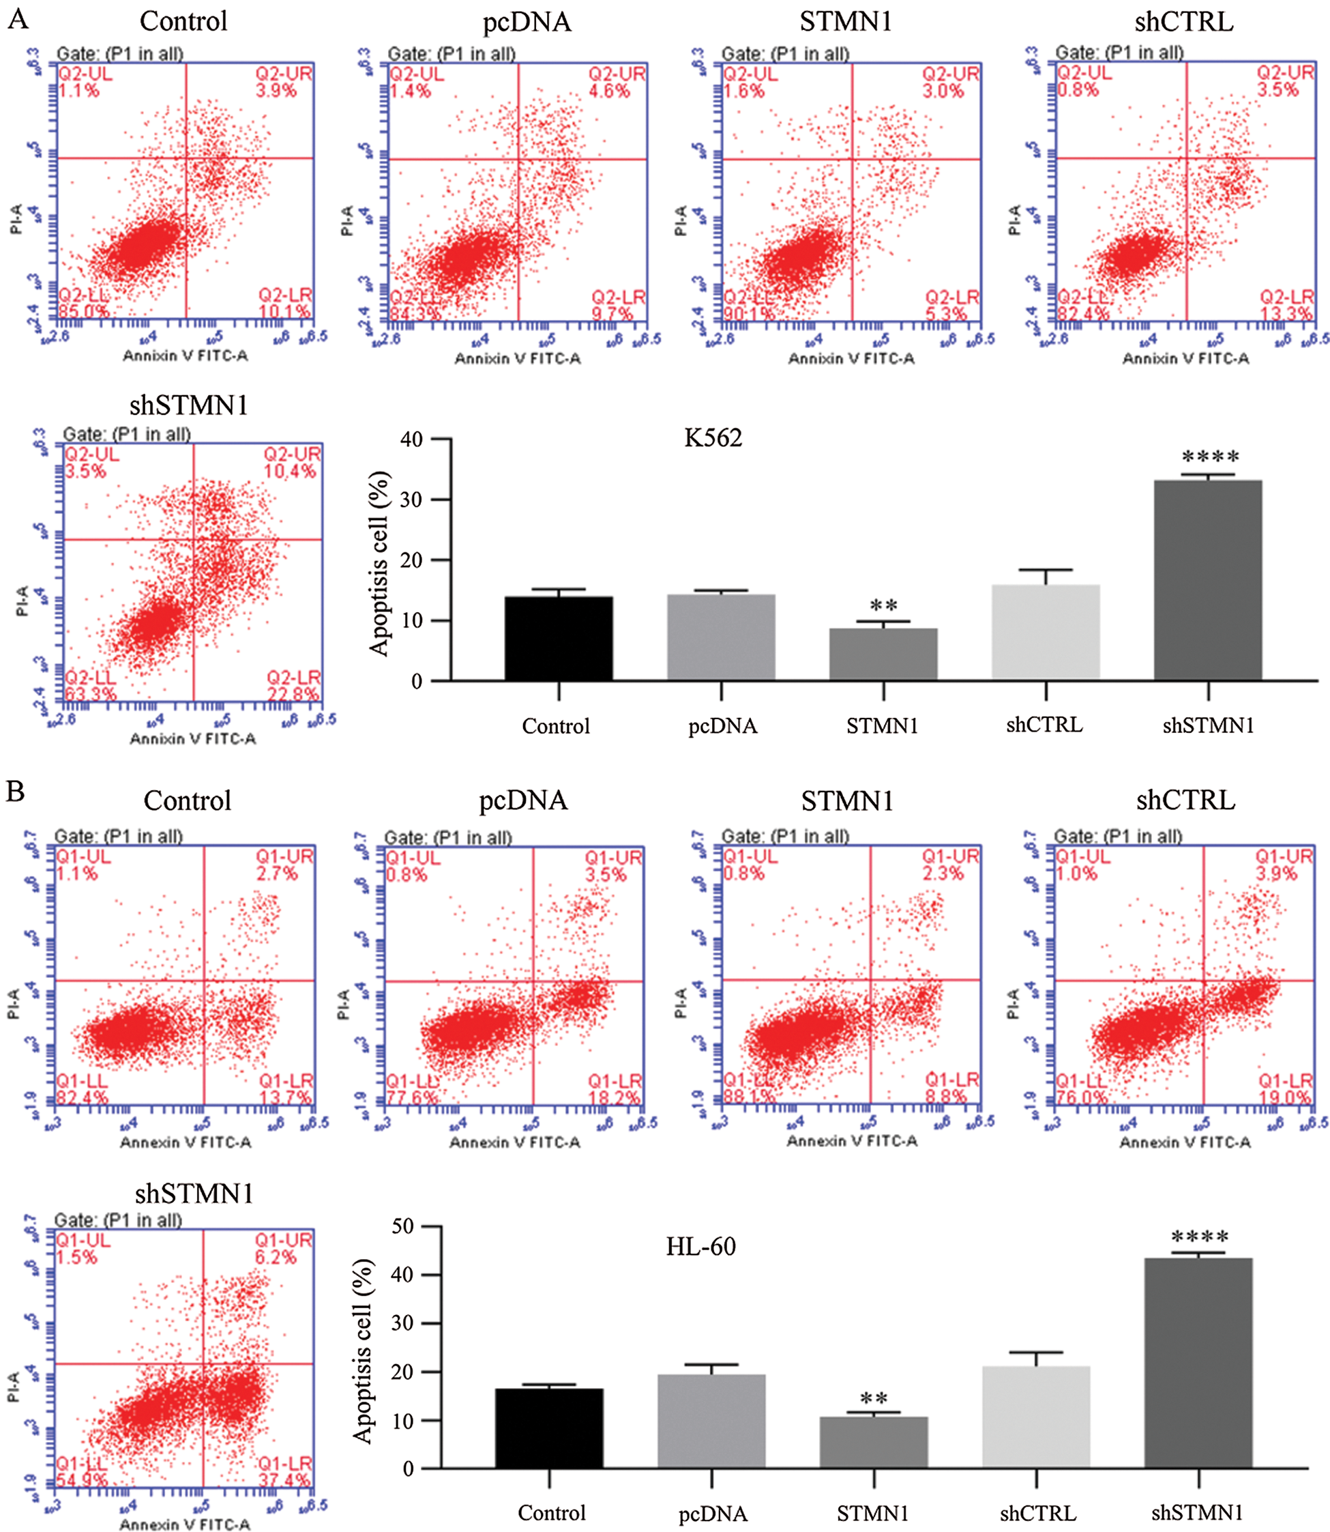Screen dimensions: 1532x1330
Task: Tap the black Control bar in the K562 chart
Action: tap(558, 638)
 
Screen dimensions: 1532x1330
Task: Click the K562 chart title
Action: tap(713, 438)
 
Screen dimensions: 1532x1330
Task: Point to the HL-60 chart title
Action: tap(700, 1246)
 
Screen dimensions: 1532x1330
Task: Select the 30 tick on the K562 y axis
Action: tap(412, 500)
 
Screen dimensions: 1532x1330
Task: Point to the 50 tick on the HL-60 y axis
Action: tap(402, 1226)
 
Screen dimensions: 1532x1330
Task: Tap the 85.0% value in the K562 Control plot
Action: tap(83, 311)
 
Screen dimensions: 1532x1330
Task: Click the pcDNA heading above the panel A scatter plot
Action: tap(527, 23)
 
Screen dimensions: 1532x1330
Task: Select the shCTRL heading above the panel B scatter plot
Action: tap(1185, 800)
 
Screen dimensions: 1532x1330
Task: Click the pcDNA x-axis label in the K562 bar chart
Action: tap(722, 725)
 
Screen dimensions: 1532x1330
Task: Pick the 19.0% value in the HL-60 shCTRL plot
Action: tap(1284, 1097)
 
